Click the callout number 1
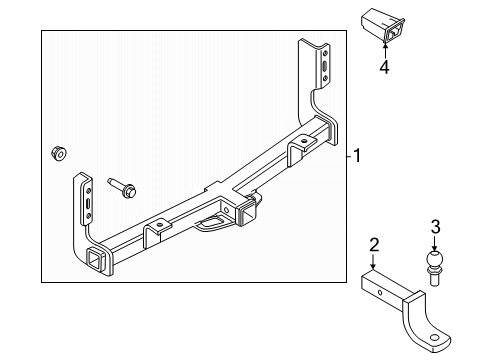(x=357, y=156)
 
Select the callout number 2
(x=374, y=245)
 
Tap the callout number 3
(x=435, y=227)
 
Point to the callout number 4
(x=384, y=67)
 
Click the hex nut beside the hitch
(x=59, y=153)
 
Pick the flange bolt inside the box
(x=122, y=188)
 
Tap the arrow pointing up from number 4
(x=385, y=51)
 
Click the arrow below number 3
(x=434, y=243)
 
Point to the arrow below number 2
(x=373, y=261)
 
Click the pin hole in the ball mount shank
(x=380, y=292)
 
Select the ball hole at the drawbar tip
(x=434, y=338)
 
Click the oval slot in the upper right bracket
(x=325, y=65)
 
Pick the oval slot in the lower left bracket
(x=88, y=203)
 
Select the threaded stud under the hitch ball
(x=434, y=277)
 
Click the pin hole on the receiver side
(x=227, y=210)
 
